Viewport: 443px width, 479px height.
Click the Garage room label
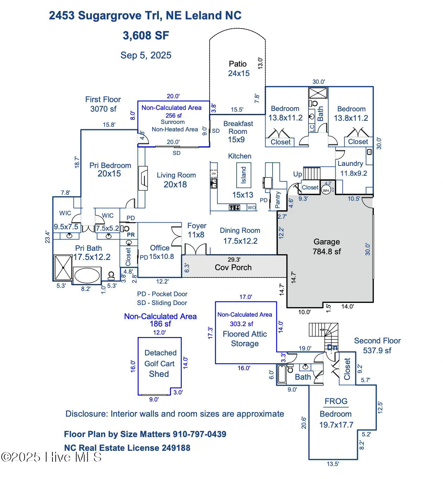click(326, 242)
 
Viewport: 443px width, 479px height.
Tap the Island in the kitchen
click(243, 175)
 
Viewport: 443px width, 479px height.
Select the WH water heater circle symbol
click(326, 190)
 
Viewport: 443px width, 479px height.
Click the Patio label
click(238, 64)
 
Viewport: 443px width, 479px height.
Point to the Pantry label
click(278, 200)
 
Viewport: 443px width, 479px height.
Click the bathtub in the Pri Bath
click(87, 275)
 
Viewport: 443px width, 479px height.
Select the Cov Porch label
click(233, 267)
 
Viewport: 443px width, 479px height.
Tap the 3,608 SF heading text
click(146, 36)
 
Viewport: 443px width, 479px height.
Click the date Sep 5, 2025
click(146, 55)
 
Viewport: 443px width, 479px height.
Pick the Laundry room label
click(350, 163)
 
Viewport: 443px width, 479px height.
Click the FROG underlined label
click(336, 402)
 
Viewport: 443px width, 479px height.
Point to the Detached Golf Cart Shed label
click(160, 363)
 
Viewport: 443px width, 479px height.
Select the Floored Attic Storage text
click(245, 338)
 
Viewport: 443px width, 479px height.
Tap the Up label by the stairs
click(298, 174)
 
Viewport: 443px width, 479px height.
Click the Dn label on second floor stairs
click(332, 347)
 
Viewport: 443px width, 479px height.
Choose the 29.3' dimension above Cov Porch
click(234, 260)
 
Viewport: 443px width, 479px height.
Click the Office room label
click(160, 248)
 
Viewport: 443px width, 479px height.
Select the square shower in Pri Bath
click(63, 268)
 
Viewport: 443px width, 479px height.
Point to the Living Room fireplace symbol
click(143, 178)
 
